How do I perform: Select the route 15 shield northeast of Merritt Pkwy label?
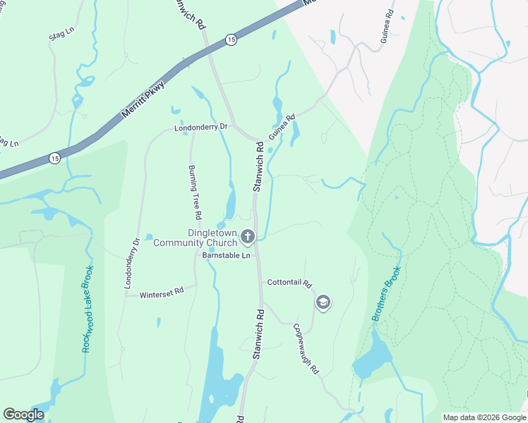pyautogui.click(x=232, y=41)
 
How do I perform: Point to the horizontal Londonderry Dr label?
pyautogui.click(x=202, y=128)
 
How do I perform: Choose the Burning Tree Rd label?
pyautogui.click(x=196, y=192)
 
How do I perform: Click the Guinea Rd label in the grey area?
pyautogui.click(x=388, y=26)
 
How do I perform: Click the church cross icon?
pyautogui.click(x=247, y=236)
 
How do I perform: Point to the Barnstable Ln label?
pyautogui.click(x=227, y=255)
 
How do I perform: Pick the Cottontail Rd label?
pyautogui.click(x=289, y=283)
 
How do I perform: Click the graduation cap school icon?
pyautogui.click(x=323, y=302)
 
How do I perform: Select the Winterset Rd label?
pyautogui.click(x=162, y=291)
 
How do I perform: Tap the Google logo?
pyautogui.click(x=23, y=415)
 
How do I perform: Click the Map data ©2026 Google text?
pyautogui.click(x=483, y=417)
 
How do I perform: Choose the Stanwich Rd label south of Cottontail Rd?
pyautogui.click(x=258, y=334)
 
